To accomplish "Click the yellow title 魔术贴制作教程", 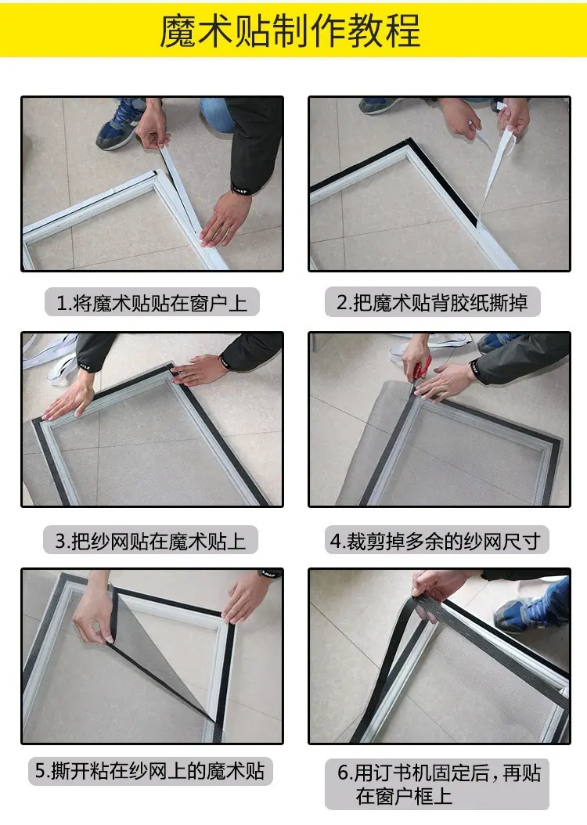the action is coord(290,30).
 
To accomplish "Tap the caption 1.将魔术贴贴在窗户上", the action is coord(152,303).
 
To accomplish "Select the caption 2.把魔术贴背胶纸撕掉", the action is coord(432,303).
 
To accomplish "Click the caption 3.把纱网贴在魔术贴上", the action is coord(150,541).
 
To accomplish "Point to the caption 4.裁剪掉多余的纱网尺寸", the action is coord(435,541).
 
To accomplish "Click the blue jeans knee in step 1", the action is coord(217,114).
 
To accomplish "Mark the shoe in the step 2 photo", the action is coord(379,105).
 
